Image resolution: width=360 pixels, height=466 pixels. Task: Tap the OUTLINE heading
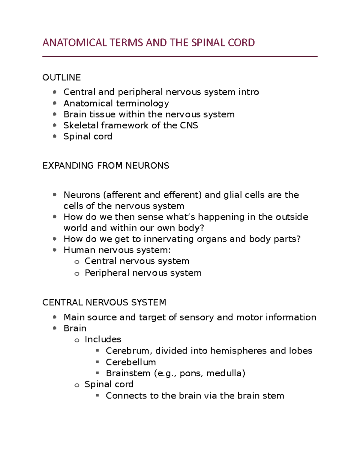click(61, 77)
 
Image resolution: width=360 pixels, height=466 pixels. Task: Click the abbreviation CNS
click(189, 125)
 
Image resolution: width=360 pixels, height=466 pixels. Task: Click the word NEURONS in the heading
click(147, 166)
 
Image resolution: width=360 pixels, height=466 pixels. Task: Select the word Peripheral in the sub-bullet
click(107, 273)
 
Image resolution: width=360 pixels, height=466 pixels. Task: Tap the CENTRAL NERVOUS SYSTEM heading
click(104, 302)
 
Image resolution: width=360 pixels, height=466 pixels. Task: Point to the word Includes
click(103, 339)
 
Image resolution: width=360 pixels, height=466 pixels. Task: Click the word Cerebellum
click(131, 362)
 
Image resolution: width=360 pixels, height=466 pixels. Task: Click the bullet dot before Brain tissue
click(55, 114)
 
